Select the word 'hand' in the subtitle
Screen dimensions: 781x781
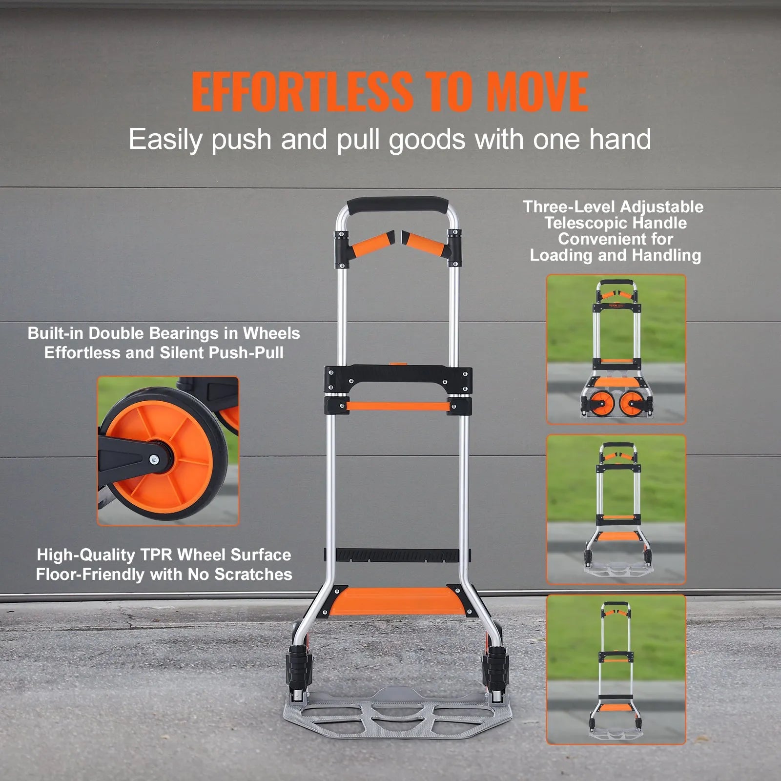(x=620, y=139)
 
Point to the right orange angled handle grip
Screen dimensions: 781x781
(x=427, y=242)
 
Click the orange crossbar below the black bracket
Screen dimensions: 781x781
(x=396, y=406)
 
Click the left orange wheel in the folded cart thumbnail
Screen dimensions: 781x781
(x=601, y=403)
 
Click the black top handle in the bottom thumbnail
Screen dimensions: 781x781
(x=616, y=605)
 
